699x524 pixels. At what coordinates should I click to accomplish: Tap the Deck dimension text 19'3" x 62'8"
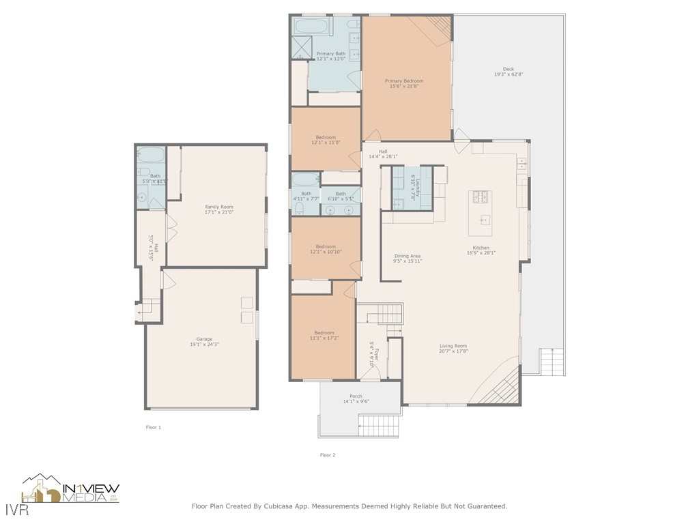tap(509, 74)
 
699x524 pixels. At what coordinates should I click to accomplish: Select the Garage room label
tap(204, 339)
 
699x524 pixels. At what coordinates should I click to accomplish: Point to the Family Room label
tap(219, 207)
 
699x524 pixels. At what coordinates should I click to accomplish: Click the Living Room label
tap(453, 346)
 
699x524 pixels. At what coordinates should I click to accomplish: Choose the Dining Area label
tap(408, 256)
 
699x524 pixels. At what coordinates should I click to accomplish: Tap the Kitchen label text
tap(481, 248)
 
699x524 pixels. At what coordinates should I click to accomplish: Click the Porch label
tap(356, 396)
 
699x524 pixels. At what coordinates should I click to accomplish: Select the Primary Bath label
tap(330, 54)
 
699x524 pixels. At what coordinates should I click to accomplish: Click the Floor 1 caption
tap(154, 427)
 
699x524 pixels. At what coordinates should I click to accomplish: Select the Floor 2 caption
tap(328, 454)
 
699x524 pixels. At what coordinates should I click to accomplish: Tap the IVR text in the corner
tap(11, 510)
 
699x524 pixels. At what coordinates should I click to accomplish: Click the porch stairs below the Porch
tap(378, 426)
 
